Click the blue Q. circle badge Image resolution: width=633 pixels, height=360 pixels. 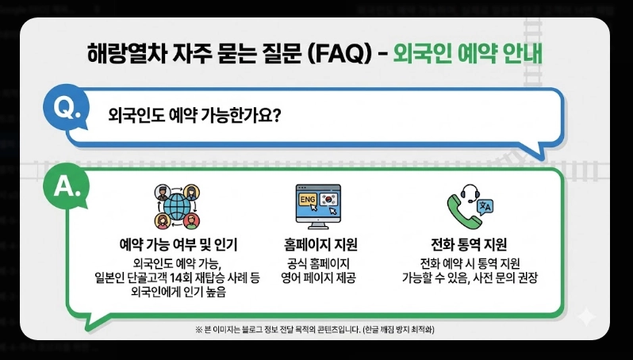pos(67,111)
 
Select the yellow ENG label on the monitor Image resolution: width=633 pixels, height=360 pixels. pos(307,200)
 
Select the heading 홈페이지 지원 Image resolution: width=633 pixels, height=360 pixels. pos(318,243)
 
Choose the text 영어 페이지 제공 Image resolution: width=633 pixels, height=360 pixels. pos(318,278)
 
